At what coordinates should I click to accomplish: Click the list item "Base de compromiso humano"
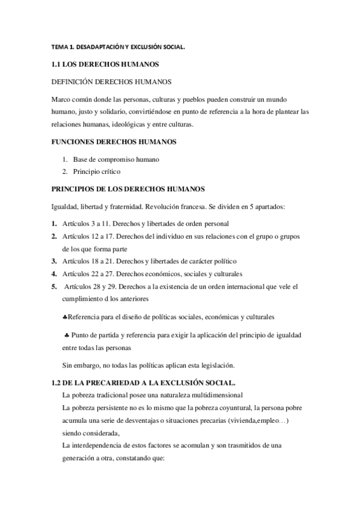[111, 159]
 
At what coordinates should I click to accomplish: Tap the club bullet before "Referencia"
[65, 316]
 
